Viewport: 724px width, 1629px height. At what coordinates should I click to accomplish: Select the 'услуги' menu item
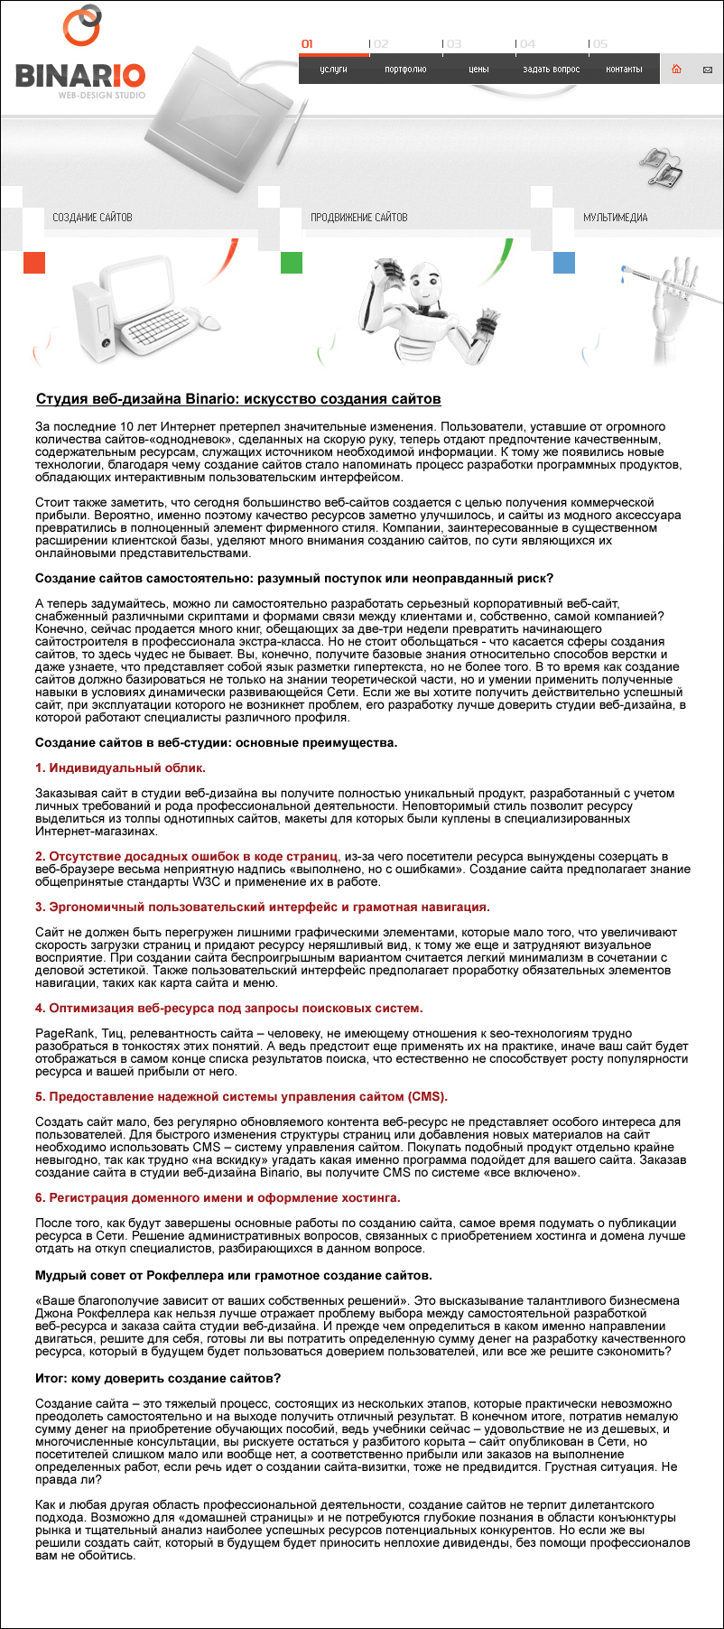pyautogui.click(x=333, y=70)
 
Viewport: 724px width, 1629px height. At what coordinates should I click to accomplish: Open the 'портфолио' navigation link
pyautogui.click(x=405, y=70)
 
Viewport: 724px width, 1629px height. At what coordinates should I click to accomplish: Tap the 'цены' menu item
pyautogui.click(x=478, y=70)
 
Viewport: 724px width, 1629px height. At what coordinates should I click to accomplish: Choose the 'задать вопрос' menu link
pyautogui.click(x=551, y=70)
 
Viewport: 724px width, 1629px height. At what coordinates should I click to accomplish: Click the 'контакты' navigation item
pyautogui.click(x=624, y=70)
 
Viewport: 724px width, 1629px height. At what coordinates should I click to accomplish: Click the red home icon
pyautogui.click(x=676, y=70)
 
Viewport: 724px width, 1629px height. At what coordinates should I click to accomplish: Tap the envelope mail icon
pyautogui.click(x=707, y=70)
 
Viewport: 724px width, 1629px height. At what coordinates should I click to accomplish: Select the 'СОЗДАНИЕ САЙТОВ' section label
pyautogui.click(x=92, y=218)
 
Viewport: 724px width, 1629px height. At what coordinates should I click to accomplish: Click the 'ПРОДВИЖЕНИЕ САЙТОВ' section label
pyautogui.click(x=358, y=218)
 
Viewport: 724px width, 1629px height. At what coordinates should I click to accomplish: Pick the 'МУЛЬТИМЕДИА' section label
pyautogui.click(x=615, y=218)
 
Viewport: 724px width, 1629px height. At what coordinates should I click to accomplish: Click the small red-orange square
pyautogui.click(x=33, y=263)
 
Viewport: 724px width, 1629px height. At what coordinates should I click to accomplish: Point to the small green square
pyautogui.click(x=292, y=263)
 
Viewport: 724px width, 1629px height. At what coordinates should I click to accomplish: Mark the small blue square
pyautogui.click(x=563, y=263)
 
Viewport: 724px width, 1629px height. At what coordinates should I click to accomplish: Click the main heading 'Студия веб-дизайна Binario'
pyautogui.click(x=238, y=399)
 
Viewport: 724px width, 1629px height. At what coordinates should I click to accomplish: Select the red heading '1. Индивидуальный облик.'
pyautogui.click(x=120, y=768)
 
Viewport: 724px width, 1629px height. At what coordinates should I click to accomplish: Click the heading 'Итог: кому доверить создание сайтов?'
pyautogui.click(x=158, y=1378)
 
